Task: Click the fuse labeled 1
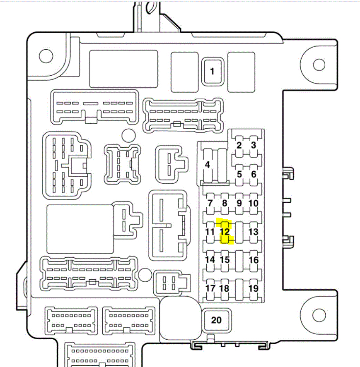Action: coord(212,71)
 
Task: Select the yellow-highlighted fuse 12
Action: coord(225,232)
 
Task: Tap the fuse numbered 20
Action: coord(216,320)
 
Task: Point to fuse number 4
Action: coord(208,165)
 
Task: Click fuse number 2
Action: coord(239,145)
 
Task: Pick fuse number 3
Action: coord(254,145)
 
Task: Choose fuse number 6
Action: coord(254,174)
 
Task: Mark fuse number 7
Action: coord(210,203)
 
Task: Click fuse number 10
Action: coord(254,203)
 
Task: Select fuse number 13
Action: coord(254,232)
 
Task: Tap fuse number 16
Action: coord(254,260)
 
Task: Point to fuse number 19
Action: coord(254,288)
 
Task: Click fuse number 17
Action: coord(210,288)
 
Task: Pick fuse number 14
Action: coord(210,260)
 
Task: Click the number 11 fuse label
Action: coord(210,232)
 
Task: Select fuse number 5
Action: coord(239,174)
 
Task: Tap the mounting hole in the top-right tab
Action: coord(319,65)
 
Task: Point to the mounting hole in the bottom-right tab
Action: coord(319,316)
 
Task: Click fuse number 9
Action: coord(239,203)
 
